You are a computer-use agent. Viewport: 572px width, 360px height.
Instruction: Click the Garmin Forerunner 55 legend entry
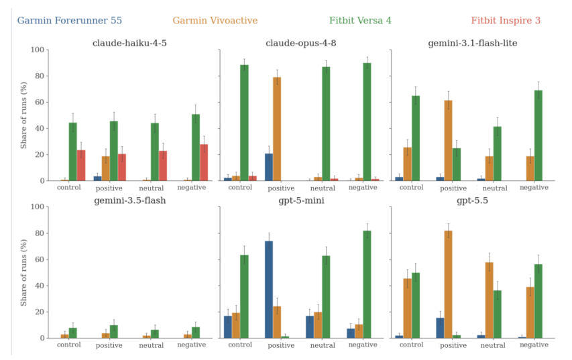pos(70,20)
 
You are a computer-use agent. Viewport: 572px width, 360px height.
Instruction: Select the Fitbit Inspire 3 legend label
pos(506,20)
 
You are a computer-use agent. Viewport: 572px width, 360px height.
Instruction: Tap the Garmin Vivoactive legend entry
pos(215,20)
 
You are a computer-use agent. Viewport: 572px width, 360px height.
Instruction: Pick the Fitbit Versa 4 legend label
pos(360,20)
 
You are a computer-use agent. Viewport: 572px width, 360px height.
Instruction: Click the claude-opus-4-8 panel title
pos(301,43)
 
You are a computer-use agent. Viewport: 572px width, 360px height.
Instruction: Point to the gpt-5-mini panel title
pos(301,200)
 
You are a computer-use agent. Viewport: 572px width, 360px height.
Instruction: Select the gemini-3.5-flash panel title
pos(130,200)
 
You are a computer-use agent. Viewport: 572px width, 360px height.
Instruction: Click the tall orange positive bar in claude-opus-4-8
pos(277,129)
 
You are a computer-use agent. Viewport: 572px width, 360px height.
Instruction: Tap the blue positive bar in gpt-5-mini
pos(269,290)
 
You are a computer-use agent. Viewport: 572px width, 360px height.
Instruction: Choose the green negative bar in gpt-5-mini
pos(367,284)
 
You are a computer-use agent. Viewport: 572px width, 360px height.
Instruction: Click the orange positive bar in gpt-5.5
pos(449,284)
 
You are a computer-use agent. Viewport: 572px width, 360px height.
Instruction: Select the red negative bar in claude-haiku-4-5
pos(204,163)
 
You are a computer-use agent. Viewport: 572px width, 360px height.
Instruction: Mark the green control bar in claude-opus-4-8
pos(244,123)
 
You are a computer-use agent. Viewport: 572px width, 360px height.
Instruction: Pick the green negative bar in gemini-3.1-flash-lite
pos(538,135)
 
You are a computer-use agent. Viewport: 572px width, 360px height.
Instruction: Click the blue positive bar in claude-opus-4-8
pos(269,168)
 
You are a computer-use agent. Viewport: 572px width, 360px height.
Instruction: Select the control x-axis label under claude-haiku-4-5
pos(69,188)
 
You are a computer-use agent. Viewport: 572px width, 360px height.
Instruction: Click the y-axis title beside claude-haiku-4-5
pos(23,115)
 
